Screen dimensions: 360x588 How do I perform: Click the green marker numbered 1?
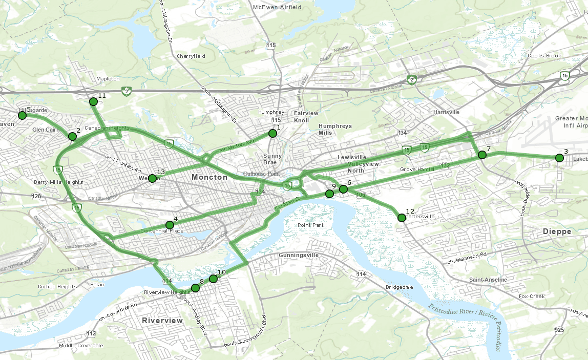click(x=272, y=134)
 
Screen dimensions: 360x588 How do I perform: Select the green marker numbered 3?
click(x=559, y=158)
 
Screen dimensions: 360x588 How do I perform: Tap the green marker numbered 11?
click(x=93, y=102)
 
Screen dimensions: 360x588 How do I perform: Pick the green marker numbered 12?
click(x=402, y=218)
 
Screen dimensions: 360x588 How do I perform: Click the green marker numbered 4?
click(x=170, y=225)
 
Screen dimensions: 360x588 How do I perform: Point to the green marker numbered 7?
click(x=481, y=155)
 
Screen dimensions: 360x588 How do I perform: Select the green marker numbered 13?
click(x=152, y=178)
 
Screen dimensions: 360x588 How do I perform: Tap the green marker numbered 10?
click(x=213, y=279)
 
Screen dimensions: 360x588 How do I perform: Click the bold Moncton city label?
click(x=209, y=177)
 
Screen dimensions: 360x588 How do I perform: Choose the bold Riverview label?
click(x=162, y=320)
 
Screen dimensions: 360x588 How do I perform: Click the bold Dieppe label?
click(x=557, y=231)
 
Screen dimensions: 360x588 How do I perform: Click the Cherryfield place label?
click(x=191, y=56)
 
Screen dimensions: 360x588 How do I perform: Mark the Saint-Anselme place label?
click(x=488, y=280)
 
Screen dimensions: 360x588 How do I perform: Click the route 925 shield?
click(x=559, y=331)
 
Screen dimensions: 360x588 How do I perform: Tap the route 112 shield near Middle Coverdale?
click(x=91, y=334)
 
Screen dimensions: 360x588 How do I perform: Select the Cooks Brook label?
click(x=544, y=56)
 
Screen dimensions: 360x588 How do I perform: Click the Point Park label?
click(x=311, y=225)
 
